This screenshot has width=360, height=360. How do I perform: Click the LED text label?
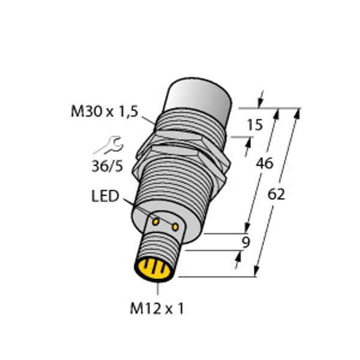click(106, 197)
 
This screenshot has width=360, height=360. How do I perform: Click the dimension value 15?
click(255, 125)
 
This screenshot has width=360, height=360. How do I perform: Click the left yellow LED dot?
click(156, 222)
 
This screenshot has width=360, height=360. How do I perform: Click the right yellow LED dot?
click(175, 227)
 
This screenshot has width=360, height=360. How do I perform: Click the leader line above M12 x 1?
click(157, 289)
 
